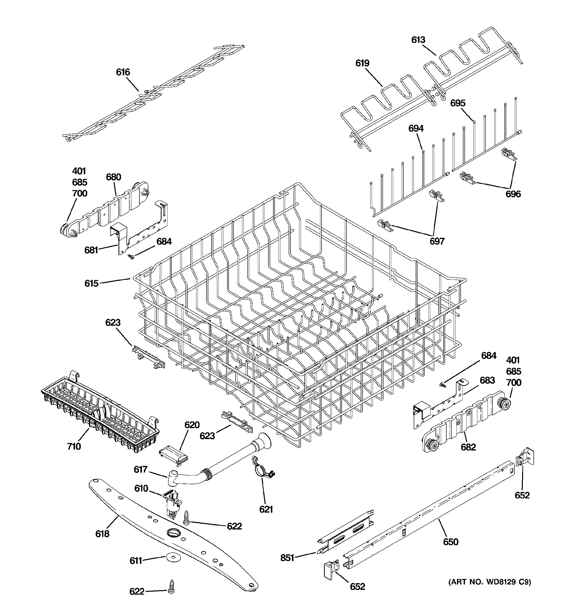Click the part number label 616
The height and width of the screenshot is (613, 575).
[x=123, y=72]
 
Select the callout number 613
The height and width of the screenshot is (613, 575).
[x=418, y=40]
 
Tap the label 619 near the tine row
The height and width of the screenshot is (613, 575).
[x=362, y=63]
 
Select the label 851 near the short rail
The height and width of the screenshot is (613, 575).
[x=287, y=558]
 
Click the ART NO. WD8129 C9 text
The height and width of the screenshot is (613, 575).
[x=489, y=582]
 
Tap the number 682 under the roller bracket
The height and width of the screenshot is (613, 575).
[x=468, y=447]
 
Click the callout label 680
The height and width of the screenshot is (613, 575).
[x=114, y=177]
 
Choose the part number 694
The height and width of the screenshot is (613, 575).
[x=416, y=128]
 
